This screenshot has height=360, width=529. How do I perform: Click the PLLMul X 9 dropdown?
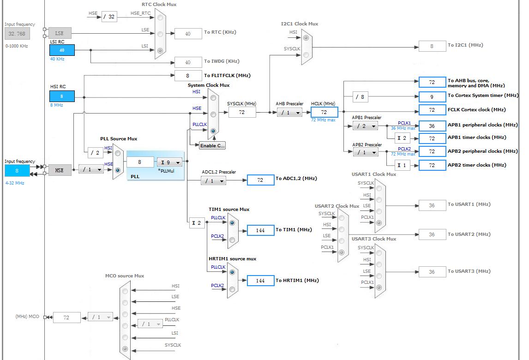click(x=169, y=162)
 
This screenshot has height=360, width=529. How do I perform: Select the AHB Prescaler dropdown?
click(x=289, y=113)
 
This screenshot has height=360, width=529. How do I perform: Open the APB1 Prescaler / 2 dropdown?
click(x=366, y=126)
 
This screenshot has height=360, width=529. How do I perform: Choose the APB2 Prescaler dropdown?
click(x=366, y=152)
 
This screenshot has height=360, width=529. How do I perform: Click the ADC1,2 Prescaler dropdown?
click(x=214, y=181)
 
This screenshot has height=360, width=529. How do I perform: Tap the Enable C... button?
click(x=212, y=145)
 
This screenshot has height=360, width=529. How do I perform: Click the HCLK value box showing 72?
click(x=324, y=112)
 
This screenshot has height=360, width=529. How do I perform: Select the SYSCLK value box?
click(x=242, y=112)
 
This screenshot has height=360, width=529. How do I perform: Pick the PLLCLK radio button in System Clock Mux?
click(x=213, y=131)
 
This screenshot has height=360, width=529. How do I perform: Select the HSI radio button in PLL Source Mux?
click(x=118, y=153)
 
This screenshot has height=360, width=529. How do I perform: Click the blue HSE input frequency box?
click(x=17, y=171)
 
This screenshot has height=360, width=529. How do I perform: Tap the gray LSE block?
click(x=60, y=33)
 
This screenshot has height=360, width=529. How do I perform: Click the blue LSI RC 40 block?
click(x=62, y=50)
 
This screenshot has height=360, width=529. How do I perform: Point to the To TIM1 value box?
click(x=260, y=230)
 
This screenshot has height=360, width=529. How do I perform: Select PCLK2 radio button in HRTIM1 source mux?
click(x=232, y=289)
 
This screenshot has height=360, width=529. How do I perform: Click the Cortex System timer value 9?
click(x=432, y=97)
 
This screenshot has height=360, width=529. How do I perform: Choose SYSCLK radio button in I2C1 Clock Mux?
click(x=306, y=54)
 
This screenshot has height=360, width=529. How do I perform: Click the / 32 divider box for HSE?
click(x=109, y=17)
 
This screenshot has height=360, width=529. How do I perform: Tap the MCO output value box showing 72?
click(x=67, y=318)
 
